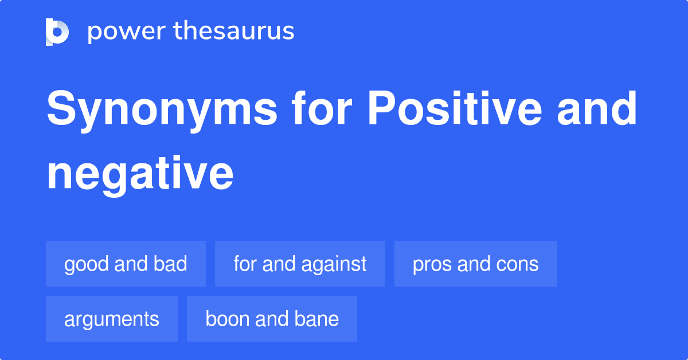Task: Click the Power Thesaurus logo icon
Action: [x=57, y=32]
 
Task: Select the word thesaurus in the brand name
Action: [x=234, y=32]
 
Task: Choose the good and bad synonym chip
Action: [x=126, y=264]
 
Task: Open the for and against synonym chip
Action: [x=300, y=264]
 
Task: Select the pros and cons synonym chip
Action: [x=475, y=264]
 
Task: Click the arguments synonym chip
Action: [x=112, y=319]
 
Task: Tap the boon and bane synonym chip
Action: [x=272, y=319]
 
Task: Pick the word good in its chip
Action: [x=87, y=264]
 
